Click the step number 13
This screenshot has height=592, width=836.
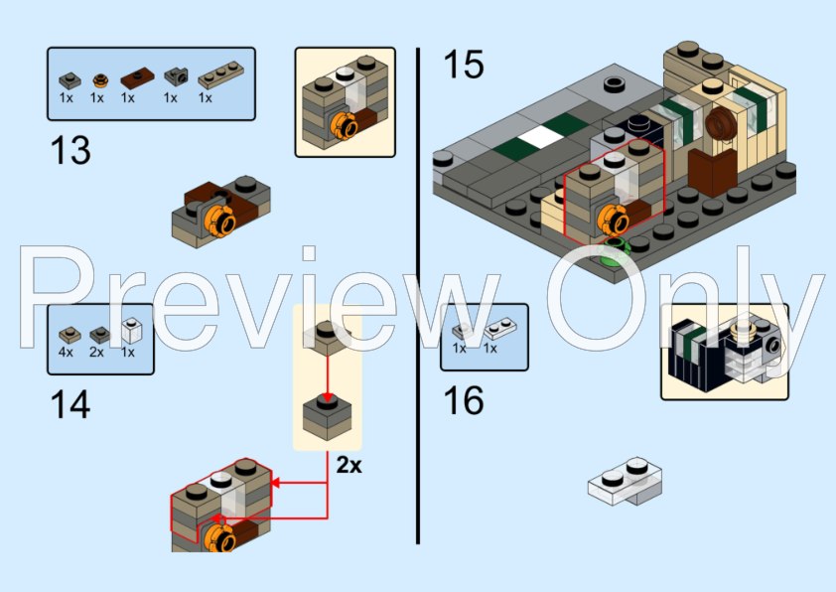pyautogui.click(x=70, y=150)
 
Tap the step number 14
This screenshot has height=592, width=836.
pyautogui.click(x=70, y=404)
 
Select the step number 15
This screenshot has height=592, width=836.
pyautogui.click(x=463, y=66)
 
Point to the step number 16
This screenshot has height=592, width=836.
pyautogui.click(x=463, y=400)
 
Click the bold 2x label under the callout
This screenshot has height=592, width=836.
pyautogui.click(x=348, y=465)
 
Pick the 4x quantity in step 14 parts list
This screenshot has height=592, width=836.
pyautogui.click(x=67, y=352)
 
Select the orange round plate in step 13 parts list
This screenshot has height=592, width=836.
pyautogui.click(x=97, y=79)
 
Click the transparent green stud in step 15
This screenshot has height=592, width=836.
pyautogui.click(x=616, y=248)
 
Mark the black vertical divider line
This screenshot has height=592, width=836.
pyautogui.click(x=418, y=298)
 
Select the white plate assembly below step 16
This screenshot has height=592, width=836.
pyautogui.click(x=625, y=480)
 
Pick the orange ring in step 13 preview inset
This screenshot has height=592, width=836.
pyautogui.click(x=345, y=126)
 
